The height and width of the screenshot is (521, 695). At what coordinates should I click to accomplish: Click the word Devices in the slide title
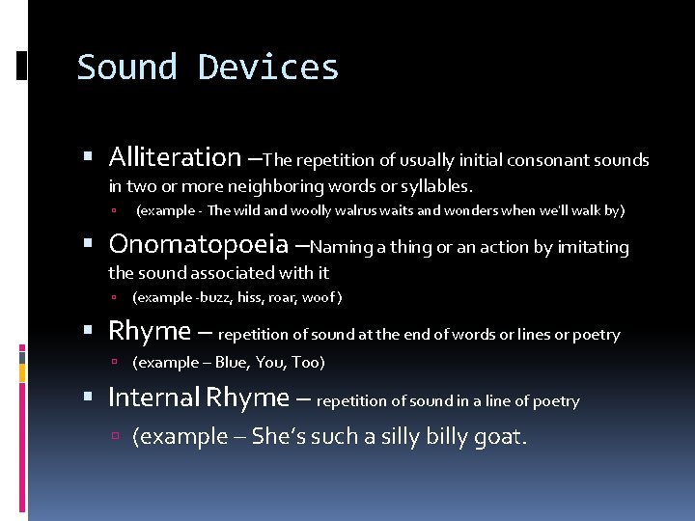click(268, 68)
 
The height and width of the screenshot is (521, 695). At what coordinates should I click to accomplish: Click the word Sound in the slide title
click(127, 68)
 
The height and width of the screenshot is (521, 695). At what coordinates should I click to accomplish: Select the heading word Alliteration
click(175, 156)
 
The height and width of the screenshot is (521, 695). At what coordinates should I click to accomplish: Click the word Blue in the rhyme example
click(232, 363)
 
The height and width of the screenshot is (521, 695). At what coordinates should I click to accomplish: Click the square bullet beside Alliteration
click(89, 158)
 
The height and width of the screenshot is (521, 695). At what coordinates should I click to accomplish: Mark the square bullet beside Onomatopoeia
click(89, 245)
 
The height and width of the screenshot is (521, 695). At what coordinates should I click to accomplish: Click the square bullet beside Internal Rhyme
click(89, 398)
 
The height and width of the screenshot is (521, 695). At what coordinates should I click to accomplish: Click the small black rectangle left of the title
click(22, 66)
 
